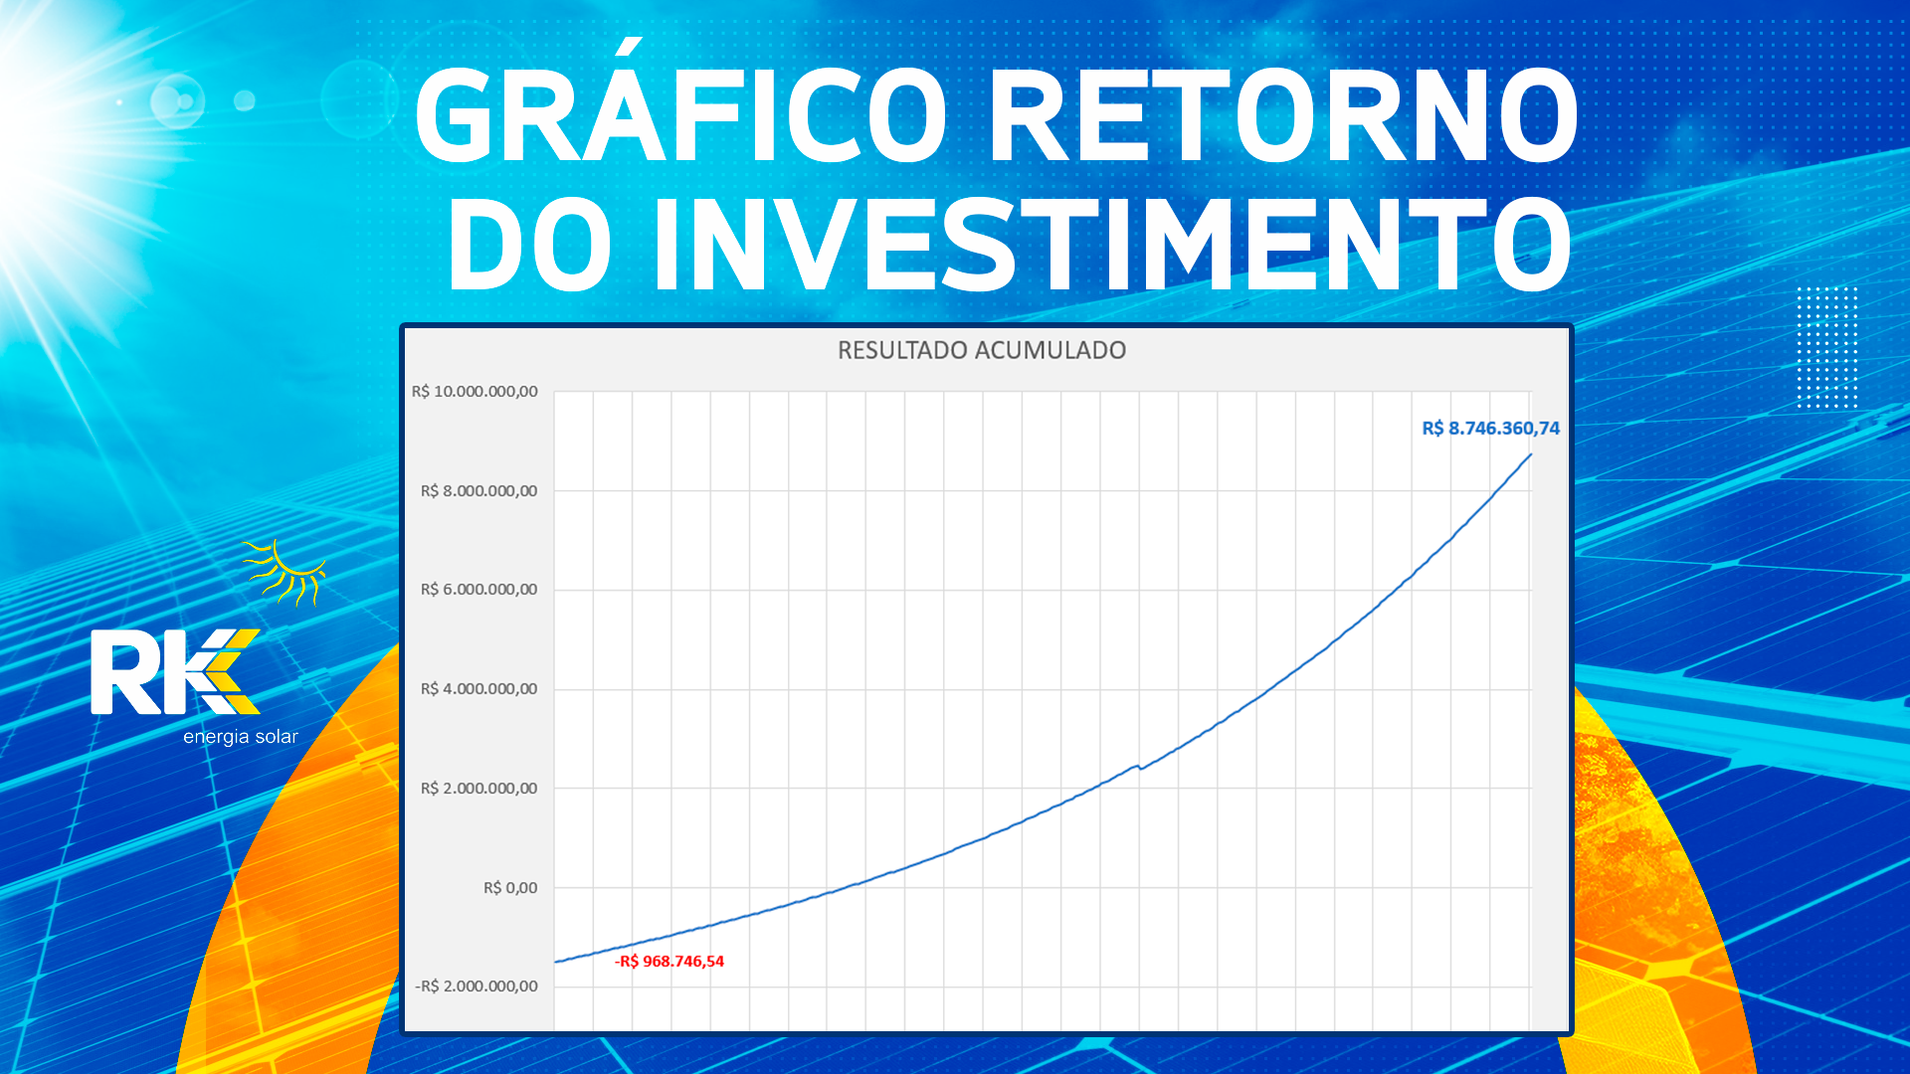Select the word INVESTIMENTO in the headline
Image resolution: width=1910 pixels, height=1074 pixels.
[1112, 244]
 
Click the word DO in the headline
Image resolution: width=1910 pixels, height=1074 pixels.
[529, 244]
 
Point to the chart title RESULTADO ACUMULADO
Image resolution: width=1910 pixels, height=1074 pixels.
[982, 350]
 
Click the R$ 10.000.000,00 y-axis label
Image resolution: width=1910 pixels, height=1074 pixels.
[475, 392]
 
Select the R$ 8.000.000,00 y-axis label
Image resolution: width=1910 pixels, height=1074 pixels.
[478, 490]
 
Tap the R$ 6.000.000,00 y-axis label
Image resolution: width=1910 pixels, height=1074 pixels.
[478, 590]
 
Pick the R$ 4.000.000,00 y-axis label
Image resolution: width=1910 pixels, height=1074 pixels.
[478, 689]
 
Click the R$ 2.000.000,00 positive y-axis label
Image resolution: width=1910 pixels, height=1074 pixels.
[478, 789]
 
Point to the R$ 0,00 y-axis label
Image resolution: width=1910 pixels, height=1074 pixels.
[510, 888]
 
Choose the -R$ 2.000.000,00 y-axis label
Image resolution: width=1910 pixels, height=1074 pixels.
[477, 986]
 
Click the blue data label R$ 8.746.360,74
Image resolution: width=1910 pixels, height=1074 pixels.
[1490, 429]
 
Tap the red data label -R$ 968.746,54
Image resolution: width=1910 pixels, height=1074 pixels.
[669, 962]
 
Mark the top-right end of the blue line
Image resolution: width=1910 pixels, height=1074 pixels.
[1531, 454]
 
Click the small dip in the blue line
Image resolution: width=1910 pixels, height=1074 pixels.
[1141, 768]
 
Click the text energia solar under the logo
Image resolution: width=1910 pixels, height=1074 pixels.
[241, 737]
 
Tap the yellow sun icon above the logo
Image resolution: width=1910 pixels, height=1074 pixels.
[286, 573]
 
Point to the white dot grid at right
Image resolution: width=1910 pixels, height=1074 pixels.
[1827, 347]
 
